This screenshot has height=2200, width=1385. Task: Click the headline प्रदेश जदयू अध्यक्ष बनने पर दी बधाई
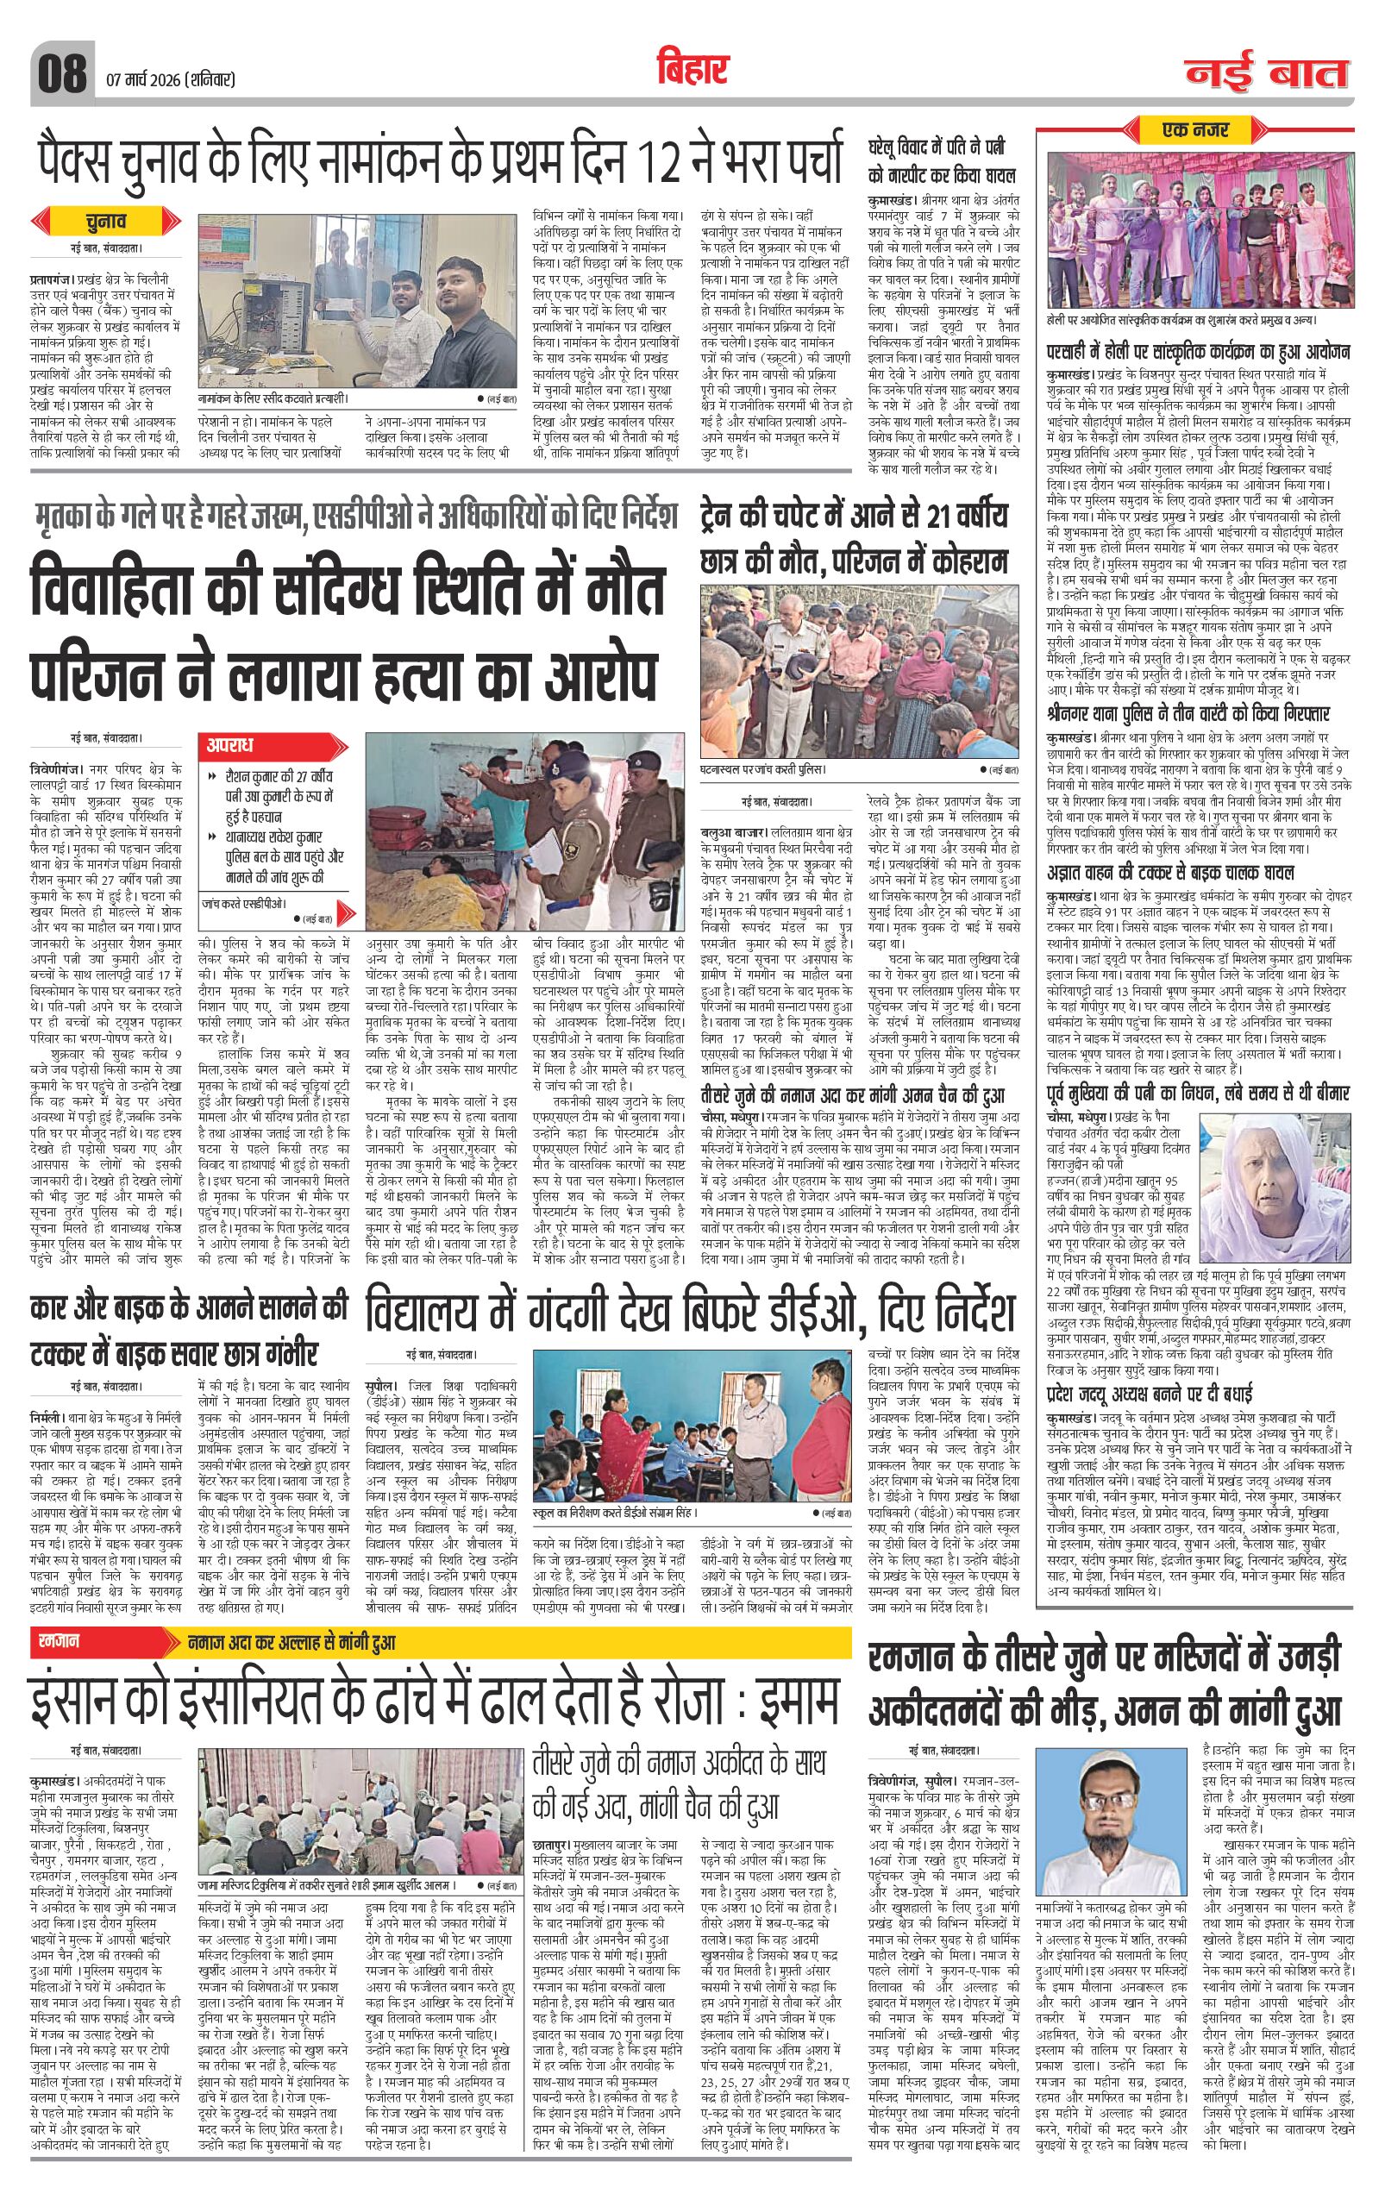pos(1161,1395)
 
